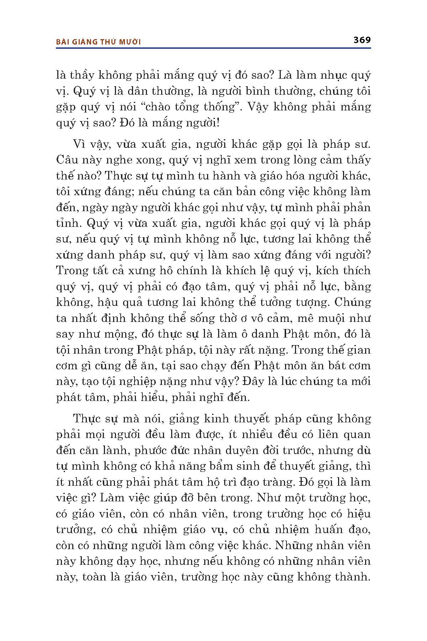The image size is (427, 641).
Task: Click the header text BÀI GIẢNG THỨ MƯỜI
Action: [x=99, y=42]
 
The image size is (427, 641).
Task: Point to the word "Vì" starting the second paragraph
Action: [x=79, y=144]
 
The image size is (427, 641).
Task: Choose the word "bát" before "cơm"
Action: [x=327, y=366]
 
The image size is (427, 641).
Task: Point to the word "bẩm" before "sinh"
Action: [x=227, y=466]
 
